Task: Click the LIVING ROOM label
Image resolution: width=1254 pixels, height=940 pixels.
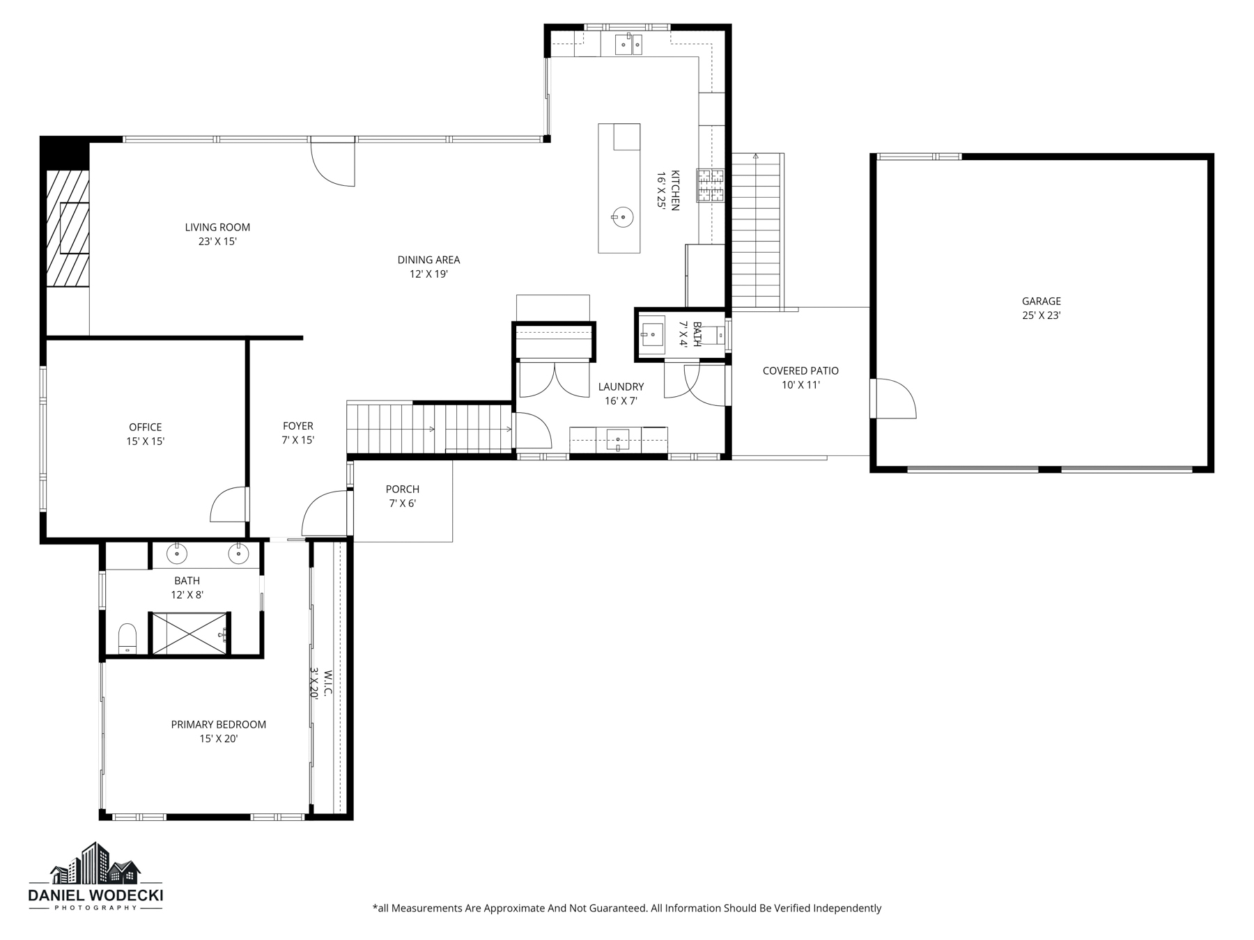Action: click(217, 227)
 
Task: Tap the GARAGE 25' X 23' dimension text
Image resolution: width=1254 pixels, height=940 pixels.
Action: click(1041, 315)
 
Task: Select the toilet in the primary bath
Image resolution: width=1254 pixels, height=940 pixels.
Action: click(127, 639)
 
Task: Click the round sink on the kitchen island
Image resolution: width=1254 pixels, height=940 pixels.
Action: click(622, 217)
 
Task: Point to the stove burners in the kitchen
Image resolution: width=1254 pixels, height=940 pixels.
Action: click(711, 186)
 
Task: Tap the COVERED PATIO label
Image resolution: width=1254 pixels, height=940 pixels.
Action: click(800, 371)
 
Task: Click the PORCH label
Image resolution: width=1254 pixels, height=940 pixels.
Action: click(403, 489)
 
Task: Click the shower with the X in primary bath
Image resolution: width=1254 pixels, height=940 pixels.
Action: click(189, 634)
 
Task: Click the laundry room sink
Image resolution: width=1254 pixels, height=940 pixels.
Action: click(618, 440)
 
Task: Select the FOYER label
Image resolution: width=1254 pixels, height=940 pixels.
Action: click(298, 426)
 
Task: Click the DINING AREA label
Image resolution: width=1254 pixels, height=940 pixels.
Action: click(428, 260)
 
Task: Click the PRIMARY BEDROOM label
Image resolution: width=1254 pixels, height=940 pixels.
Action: click(218, 724)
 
